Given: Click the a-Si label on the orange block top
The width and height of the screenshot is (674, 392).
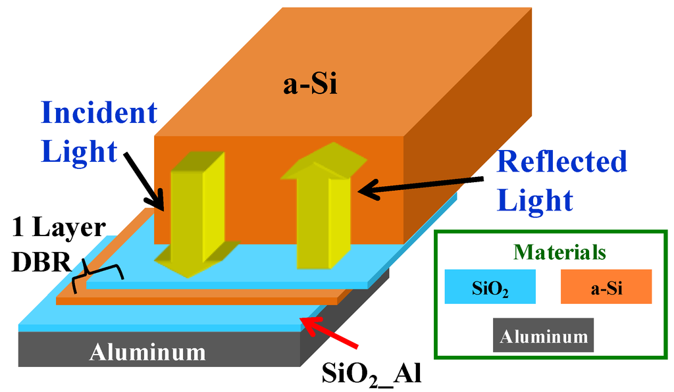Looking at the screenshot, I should pyautogui.click(x=310, y=86).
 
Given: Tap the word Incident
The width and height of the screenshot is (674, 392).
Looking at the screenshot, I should pyautogui.click(x=99, y=112).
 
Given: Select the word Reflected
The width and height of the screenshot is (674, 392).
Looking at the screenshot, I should pyautogui.click(x=561, y=161).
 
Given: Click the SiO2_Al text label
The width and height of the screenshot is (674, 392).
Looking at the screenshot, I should pyautogui.click(x=372, y=373).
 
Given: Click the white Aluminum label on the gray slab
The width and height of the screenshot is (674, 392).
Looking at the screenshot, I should pyautogui.click(x=147, y=353).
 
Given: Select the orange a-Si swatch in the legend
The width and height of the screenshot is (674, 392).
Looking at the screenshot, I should pyautogui.click(x=606, y=287).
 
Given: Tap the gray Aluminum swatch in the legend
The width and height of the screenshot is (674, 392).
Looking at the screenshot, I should pyautogui.click(x=543, y=335).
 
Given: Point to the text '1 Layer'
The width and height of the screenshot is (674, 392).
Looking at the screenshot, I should pyautogui.click(x=59, y=228).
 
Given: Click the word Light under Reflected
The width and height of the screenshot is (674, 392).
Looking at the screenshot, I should pyautogui.click(x=535, y=199).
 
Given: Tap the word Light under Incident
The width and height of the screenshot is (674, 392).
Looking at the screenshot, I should pyautogui.click(x=79, y=151).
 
